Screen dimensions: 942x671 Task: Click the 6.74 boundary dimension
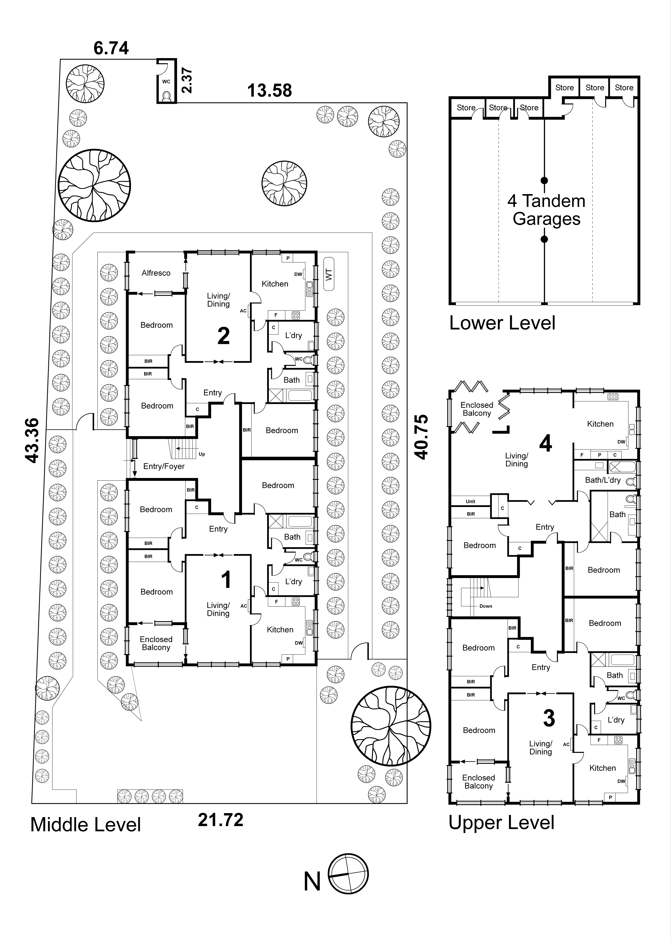[111, 48]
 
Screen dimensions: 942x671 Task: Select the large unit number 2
[224, 336]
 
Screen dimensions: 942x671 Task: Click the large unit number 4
[545, 443]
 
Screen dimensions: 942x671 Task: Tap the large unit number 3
[549, 718]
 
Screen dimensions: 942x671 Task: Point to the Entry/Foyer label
[164, 466]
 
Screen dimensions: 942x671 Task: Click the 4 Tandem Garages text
[546, 210]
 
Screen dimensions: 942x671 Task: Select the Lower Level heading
[502, 323]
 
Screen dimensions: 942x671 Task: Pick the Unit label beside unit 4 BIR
[470, 502]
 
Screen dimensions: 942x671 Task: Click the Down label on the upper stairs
[485, 606]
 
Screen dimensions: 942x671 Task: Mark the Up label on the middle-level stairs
[202, 454]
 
